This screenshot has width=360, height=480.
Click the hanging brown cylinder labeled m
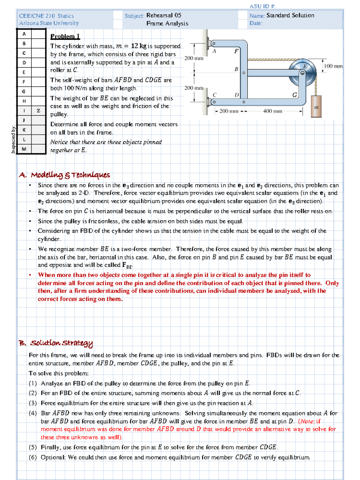[316, 106]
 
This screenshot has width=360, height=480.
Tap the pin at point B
[244, 73]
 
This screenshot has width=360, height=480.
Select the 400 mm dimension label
[272, 111]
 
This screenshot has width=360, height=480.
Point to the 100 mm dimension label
[333, 66]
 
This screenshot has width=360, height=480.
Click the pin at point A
[214, 44]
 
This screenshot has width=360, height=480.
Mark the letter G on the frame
[295, 95]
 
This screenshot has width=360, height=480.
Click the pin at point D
[244, 102]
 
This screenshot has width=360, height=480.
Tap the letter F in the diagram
[236, 51]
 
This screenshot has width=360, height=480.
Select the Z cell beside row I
[38, 111]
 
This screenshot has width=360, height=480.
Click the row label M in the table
[24, 149]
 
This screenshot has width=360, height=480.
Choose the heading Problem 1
[65, 37]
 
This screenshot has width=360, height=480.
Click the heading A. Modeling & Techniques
[64, 175]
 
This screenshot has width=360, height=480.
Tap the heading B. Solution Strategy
[56, 343]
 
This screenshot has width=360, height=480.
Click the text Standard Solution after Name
[290, 15]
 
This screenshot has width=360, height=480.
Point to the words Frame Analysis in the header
[167, 23]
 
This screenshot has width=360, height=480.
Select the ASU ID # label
[262, 6]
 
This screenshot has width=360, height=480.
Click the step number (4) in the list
[33, 413]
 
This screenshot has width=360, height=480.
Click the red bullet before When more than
[30, 275]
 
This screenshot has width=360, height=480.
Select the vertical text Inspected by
[13, 139]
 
